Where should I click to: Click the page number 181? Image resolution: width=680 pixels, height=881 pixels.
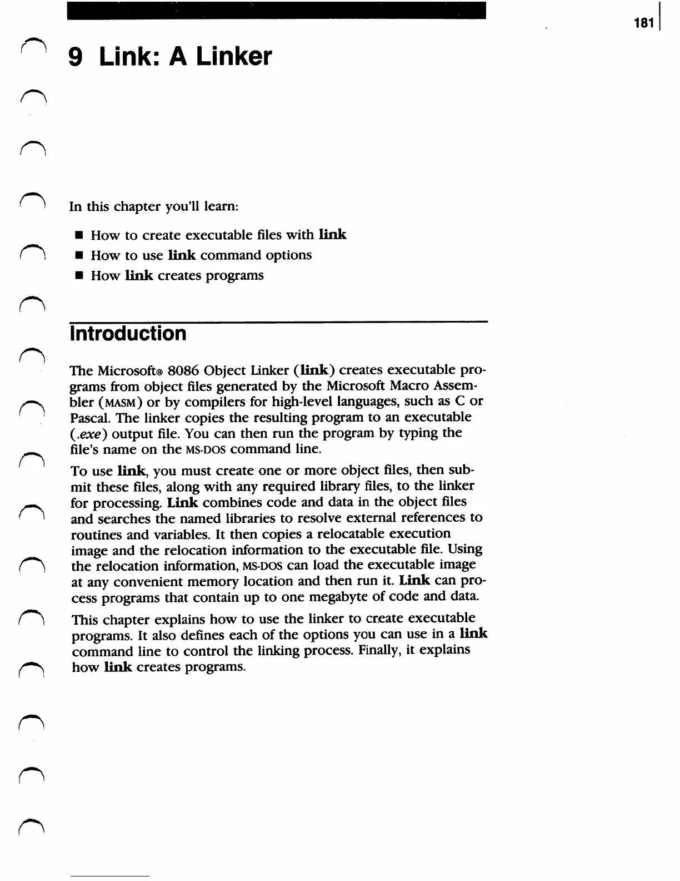pos(643,23)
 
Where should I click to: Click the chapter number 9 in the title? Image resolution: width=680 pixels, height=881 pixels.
pos(76,57)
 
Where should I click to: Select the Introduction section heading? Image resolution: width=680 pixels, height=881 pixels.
pos(128,334)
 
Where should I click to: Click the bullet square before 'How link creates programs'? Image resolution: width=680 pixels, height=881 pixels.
pos(79,276)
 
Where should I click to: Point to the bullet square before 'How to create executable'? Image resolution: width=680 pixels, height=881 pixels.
pos(79,235)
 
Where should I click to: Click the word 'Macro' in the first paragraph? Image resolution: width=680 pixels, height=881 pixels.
pos(411,386)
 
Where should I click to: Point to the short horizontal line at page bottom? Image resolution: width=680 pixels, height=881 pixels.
pos(109,876)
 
